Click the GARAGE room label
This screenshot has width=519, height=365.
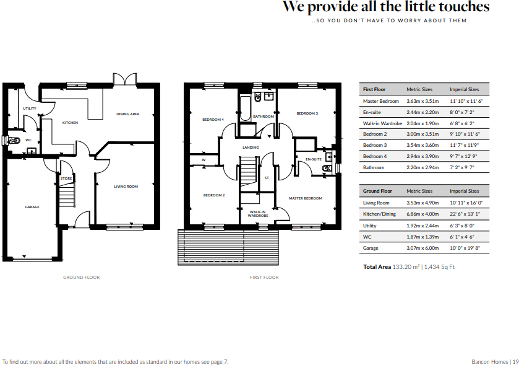coord(32,207)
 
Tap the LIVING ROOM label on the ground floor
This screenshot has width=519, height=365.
coord(126,186)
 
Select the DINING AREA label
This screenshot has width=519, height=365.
coord(128,114)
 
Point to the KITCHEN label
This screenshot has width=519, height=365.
coord(70,123)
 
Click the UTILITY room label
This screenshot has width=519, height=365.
coord(30,108)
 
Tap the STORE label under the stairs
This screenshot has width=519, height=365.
coord(66,178)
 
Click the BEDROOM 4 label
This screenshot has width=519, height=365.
coord(213,119)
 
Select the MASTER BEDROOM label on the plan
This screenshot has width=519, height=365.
coord(306,198)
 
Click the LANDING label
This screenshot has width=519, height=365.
coord(251,147)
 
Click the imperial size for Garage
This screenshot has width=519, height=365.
coord(465,248)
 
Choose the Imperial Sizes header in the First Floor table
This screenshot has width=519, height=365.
coord(464,89)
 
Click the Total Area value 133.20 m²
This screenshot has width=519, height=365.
coord(406,267)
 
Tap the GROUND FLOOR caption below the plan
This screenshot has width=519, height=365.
coord(81,277)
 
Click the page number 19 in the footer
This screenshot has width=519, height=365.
coord(514,361)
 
